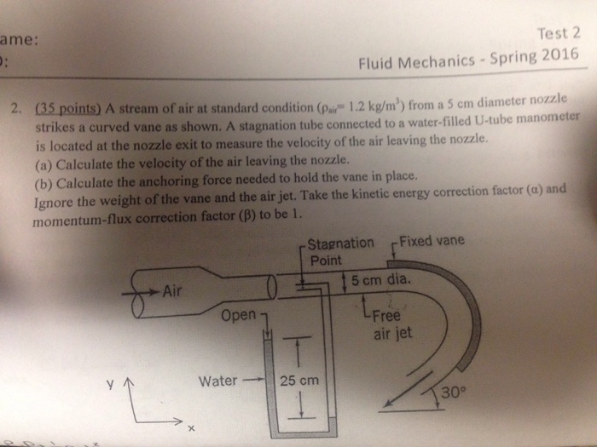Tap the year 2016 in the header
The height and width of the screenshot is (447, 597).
point(557,57)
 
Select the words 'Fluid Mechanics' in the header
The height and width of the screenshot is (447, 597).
point(409,64)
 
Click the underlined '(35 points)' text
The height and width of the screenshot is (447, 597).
point(69,108)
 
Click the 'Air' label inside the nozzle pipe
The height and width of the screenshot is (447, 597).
point(175,289)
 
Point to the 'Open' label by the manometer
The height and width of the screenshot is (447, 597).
point(236,316)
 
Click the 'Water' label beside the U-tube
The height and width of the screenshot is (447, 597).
point(217,380)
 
